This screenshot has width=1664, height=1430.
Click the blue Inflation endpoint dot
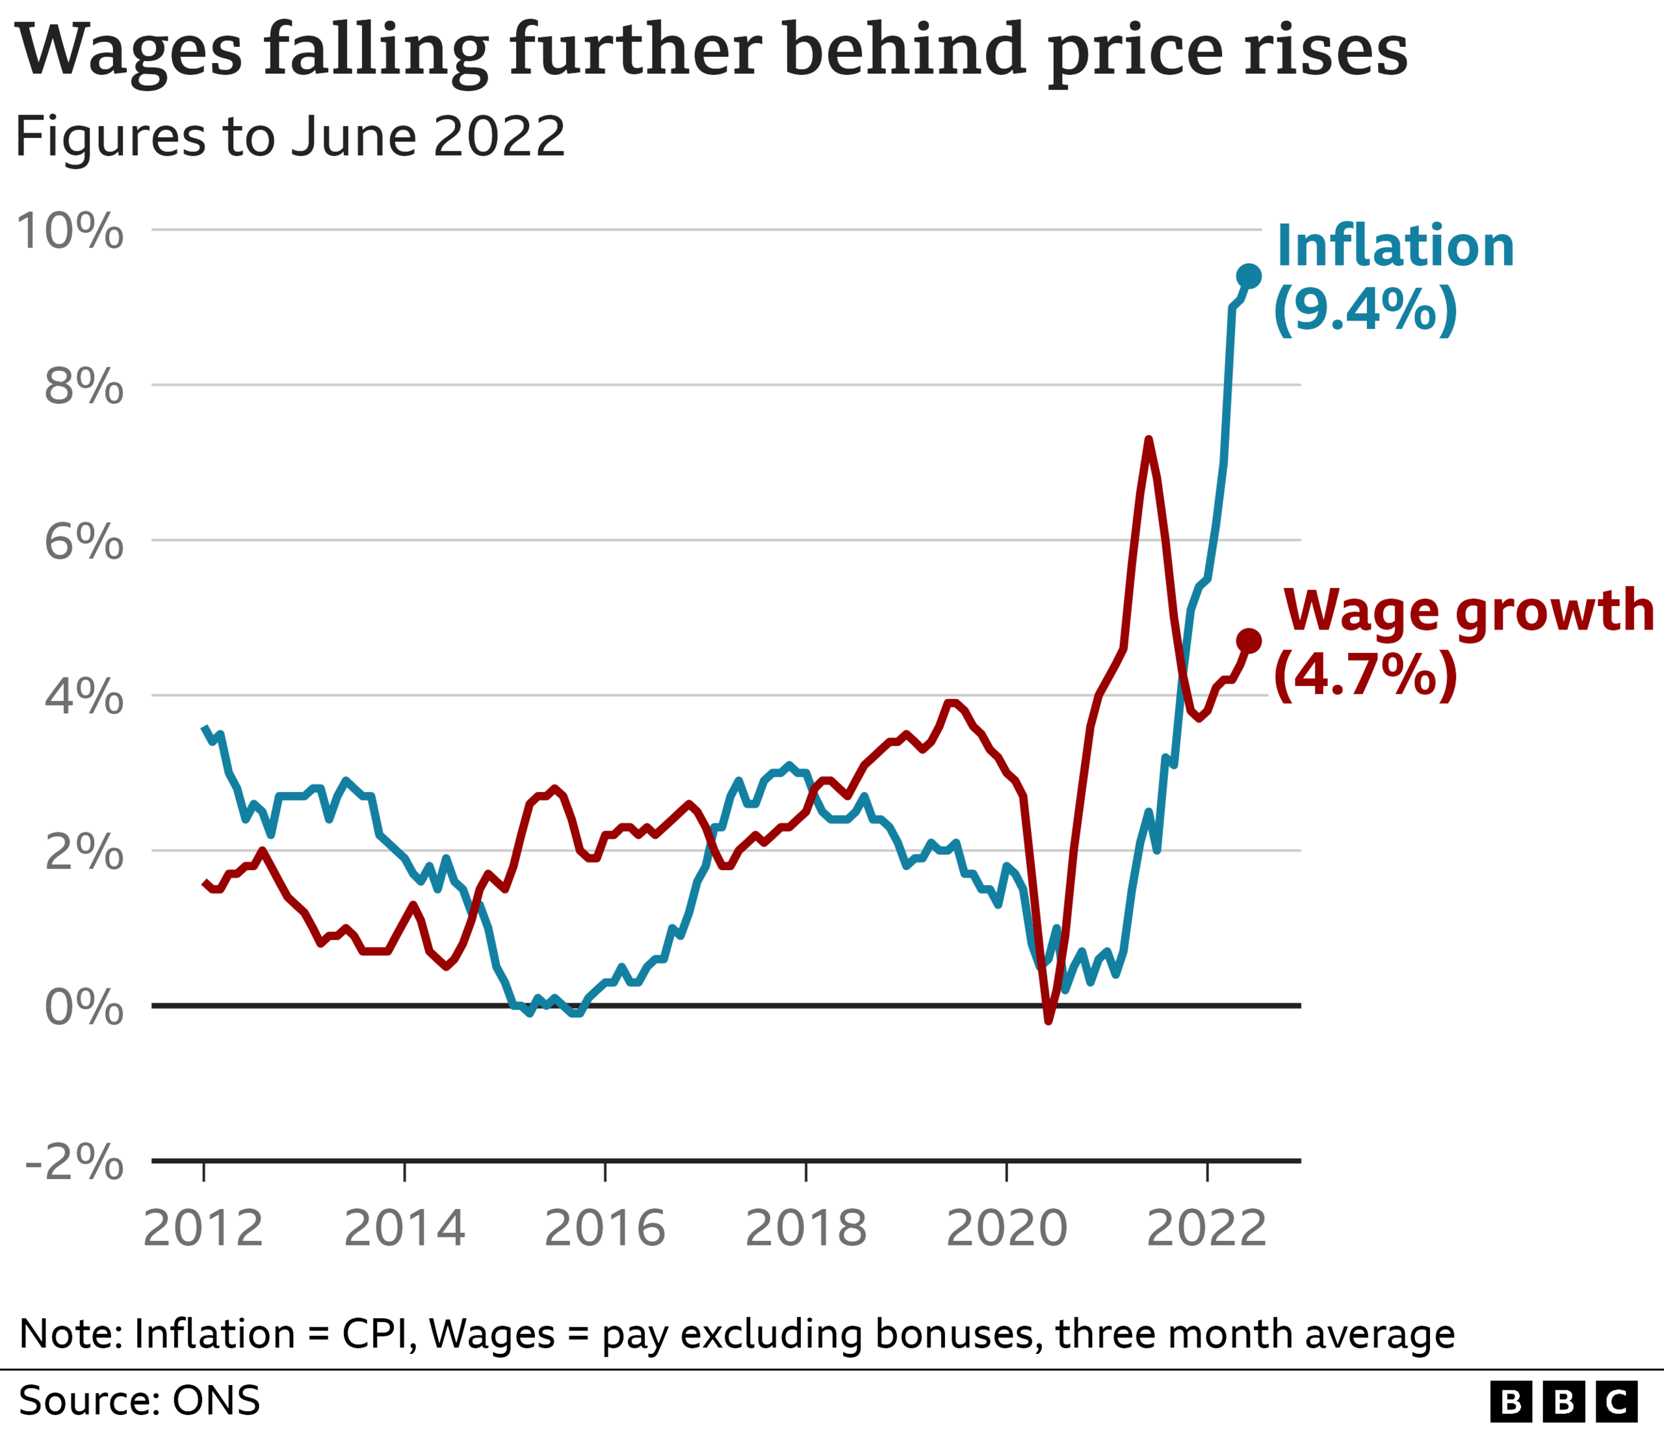(x=1249, y=276)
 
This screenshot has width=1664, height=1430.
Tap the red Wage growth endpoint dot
(x=1249, y=641)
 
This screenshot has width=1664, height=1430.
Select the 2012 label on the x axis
(x=203, y=1228)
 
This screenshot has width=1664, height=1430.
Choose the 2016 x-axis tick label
(x=604, y=1228)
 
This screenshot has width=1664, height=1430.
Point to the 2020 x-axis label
(x=1006, y=1228)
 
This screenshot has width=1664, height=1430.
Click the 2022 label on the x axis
(x=1206, y=1228)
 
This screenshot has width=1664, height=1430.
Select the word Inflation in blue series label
(x=1395, y=246)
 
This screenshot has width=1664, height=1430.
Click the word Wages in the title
(x=129, y=50)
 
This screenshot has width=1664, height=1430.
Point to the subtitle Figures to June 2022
(x=290, y=136)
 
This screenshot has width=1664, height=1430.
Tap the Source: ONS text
(x=139, y=1400)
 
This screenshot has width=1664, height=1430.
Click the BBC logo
(x=1563, y=1402)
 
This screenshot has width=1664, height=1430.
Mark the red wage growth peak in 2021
(x=1149, y=440)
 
